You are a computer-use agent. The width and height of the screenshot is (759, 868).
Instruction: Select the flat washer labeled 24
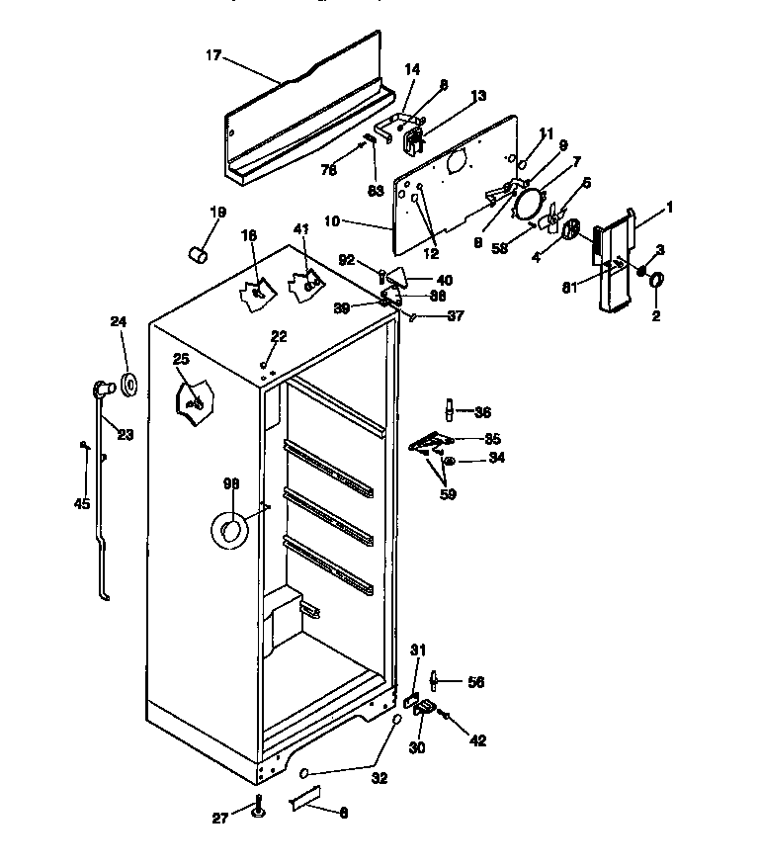pyautogui.click(x=129, y=384)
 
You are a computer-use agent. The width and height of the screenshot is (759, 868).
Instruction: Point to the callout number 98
pyautogui.click(x=231, y=484)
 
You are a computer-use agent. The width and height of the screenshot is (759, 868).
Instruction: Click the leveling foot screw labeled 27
pyautogui.click(x=259, y=806)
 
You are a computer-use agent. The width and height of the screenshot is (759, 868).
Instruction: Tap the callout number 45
pyautogui.click(x=82, y=503)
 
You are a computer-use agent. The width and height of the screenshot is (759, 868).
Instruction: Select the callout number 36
pyautogui.click(x=482, y=412)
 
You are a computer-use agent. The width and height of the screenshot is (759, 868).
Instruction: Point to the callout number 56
pyautogui.click(x=475, y=681)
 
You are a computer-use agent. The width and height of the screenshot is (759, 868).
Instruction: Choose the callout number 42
pyautogui.click(x=477, y=739)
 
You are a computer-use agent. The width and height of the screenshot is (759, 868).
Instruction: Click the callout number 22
pyautogui.click(x=279, y=337)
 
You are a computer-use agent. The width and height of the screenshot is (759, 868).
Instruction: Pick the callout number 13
pyautogui.click(x=478, y=96)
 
